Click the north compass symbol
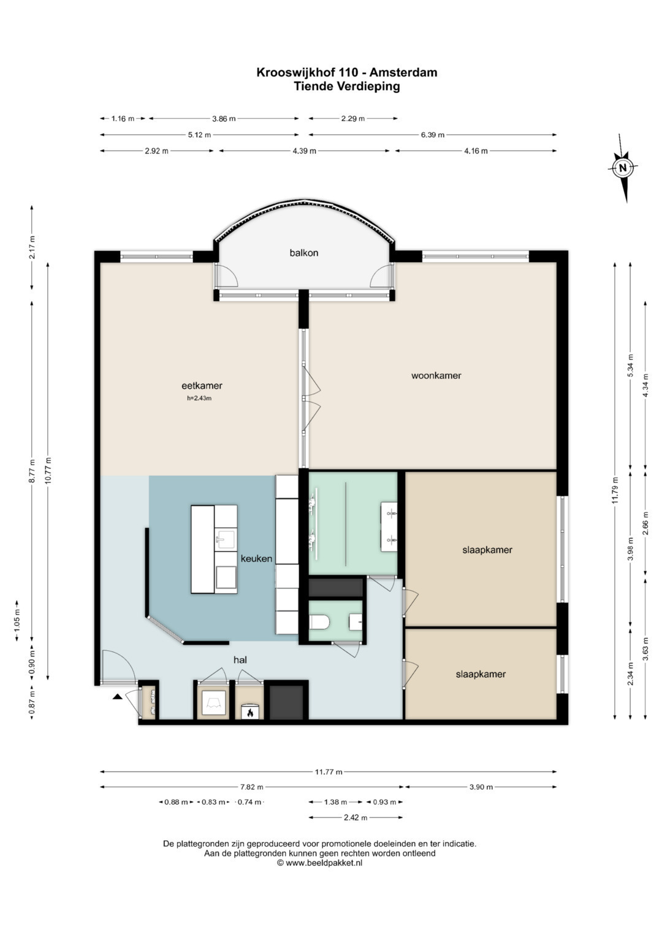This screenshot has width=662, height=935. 623,168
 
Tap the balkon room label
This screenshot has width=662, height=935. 304,252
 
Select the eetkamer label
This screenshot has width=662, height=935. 202,386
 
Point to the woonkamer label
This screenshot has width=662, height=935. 436,375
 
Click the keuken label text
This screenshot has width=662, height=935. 256,558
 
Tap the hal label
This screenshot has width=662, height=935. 240,659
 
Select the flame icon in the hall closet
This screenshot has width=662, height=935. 250,713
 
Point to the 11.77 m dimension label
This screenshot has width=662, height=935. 329,772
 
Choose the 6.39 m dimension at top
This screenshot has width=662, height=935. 433,135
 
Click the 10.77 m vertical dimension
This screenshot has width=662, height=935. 48,470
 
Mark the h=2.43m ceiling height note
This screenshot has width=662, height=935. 199,398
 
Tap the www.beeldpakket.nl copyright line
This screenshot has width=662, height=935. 320,863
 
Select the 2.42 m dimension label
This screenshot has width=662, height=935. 356,817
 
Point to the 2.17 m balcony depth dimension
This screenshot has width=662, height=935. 32,247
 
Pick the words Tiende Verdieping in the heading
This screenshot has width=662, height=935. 346,86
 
